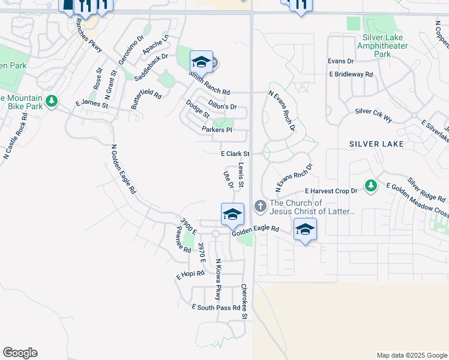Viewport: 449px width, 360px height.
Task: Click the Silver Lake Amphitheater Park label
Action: (382, 46)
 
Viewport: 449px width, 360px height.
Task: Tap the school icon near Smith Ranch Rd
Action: (201, 62)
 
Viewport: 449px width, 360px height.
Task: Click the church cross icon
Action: (260, 206)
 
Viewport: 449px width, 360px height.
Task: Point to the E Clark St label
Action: (235, 154)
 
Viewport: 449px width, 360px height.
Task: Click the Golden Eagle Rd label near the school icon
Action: (256, 229)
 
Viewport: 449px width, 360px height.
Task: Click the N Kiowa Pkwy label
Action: (218, 280)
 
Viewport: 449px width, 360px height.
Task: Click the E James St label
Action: (91, 104)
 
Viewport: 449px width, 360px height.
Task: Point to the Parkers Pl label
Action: (217, 130)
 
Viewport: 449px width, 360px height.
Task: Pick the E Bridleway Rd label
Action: (351, 74)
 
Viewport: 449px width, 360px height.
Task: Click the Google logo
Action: (20, 353)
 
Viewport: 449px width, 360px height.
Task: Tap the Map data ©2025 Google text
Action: (411, 355)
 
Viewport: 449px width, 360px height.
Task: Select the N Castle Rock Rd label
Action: (16, 139)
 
